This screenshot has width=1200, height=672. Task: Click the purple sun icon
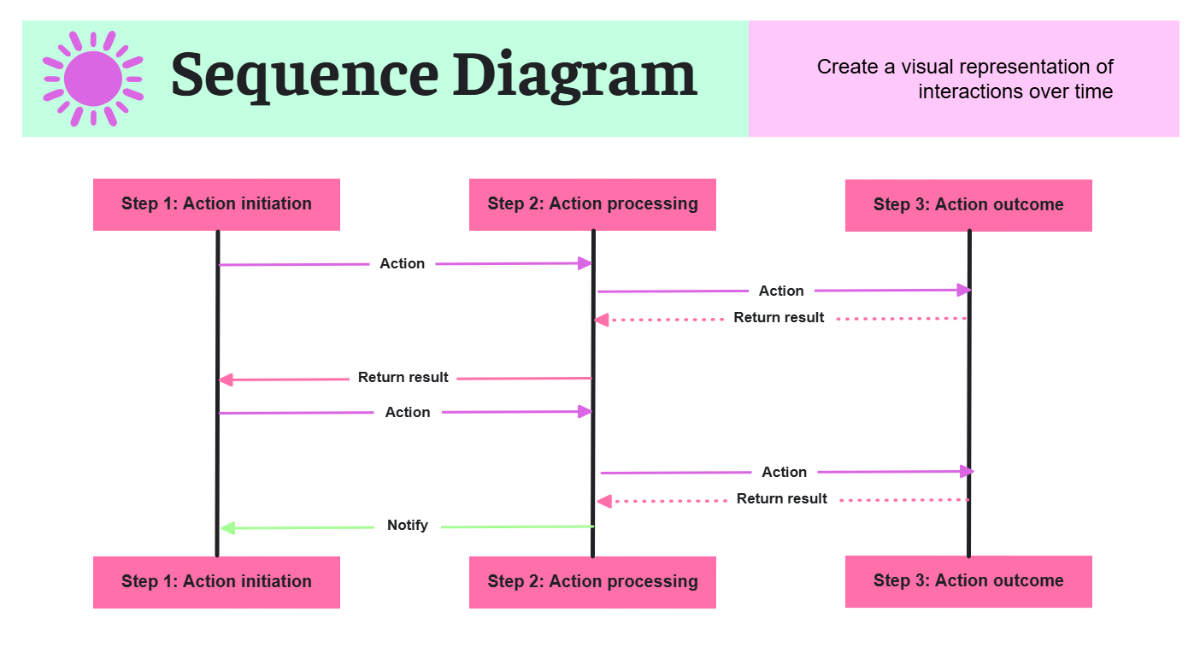[x=92, y=78]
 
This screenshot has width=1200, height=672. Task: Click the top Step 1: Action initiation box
[x=216, y=204]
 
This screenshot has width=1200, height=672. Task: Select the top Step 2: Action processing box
[x=592, y=204]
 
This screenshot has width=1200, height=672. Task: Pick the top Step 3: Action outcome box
[x=968, y=205]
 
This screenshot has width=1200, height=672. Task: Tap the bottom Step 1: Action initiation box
[x=216, y=582]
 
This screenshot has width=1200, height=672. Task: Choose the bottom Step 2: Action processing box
[x=592, y=582]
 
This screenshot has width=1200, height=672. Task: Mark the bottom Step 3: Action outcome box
[x=968, y=581]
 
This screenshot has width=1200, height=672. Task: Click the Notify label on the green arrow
[x=407, y=526]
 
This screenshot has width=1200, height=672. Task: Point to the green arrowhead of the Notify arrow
[x=227, y=528]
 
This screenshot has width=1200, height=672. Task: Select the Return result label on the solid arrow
[x=403, y=378]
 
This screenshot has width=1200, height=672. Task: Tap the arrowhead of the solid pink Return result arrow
[x=226, y=380]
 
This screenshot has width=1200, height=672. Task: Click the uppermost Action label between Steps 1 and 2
[x=402, y=264]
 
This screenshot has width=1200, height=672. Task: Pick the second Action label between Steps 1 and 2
[x=407, y=412]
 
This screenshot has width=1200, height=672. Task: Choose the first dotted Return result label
[x=779, y=318]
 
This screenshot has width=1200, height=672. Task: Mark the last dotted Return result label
[x=782, y=499]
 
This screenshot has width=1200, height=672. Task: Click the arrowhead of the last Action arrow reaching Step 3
[x=965, y=471]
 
